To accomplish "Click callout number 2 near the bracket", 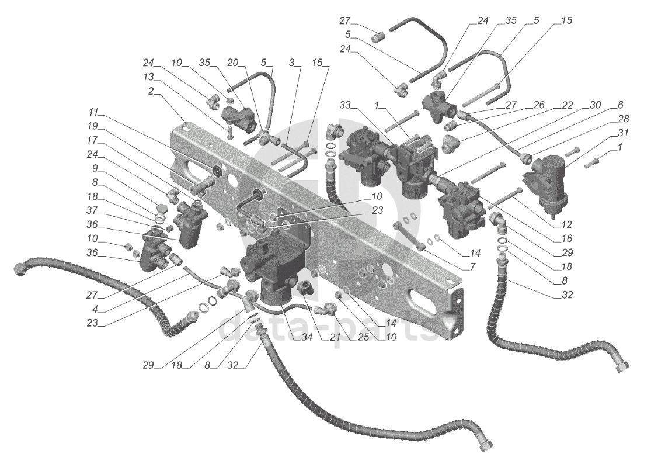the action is click(x=151, y=91).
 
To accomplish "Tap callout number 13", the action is click(x=148, y=77).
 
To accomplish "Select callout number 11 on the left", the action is click(x=93, y=112).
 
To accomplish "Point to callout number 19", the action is click(x=92, y=126).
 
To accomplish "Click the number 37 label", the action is click(x=92, y=210).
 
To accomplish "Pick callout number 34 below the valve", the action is click(x=307, y=337).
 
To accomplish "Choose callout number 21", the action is click(x=336, y=337).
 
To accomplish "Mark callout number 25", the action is click(x=363, y=337).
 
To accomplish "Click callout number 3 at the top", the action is click(x=292, y=63).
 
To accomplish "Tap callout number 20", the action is click(x=232, y=63).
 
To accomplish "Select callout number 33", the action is click(x=345, y=105).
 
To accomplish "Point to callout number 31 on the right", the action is click(x=623, y=133).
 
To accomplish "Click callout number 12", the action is click(x=566, y=225).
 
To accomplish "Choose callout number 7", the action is click(x=473, y=267).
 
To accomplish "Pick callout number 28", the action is click(x=623, y=119).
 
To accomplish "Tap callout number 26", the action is click(x=539, y=105).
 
